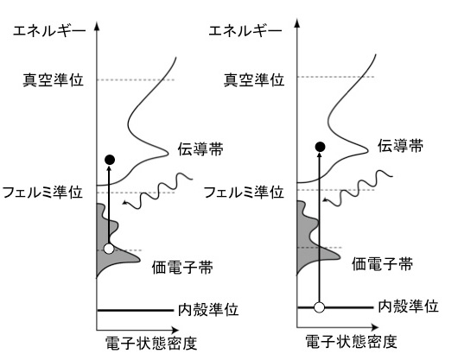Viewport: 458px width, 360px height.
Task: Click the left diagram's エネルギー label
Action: pos(49,30)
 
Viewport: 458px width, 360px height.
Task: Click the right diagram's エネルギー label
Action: pos(245,30)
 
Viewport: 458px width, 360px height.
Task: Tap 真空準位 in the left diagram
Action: pos(54,79)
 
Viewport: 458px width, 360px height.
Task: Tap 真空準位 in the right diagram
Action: pos(254,79)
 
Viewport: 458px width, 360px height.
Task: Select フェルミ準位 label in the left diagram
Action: pos(42,193)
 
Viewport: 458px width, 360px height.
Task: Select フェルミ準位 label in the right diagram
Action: pos(244,193)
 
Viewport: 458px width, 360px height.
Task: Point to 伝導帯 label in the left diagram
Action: pos(200,148)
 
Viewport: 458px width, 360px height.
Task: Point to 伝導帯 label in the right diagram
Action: pos(400,146)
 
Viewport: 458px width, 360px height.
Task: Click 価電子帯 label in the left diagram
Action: pos(182,267)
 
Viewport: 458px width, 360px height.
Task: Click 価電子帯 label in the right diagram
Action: pos(382,263)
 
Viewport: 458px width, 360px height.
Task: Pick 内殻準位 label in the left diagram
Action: pos(208,310)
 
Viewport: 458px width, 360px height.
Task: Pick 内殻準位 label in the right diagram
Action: pos(409,306)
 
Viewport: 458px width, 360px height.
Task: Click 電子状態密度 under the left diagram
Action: pos(151,343)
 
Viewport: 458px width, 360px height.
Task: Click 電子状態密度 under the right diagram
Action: pos(352,341)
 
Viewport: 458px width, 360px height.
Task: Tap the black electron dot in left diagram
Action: pos(110,160)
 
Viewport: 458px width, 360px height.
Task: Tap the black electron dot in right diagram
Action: pos(320,147)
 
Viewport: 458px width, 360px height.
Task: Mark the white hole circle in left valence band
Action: pos(109,249)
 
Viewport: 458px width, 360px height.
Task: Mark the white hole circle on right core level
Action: pos(319,307)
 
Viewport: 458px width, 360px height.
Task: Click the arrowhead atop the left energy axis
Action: pos(97,26)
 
